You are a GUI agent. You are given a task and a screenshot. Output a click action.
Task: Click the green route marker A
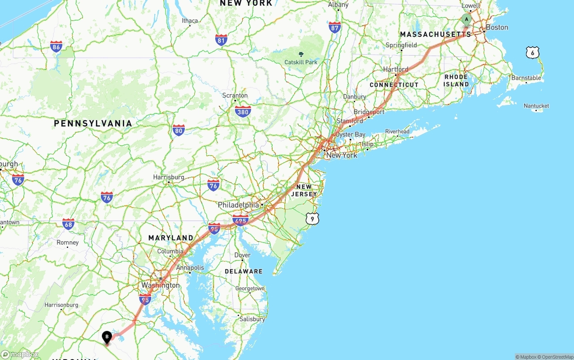point(466,19)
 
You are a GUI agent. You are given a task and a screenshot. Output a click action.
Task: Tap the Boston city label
point(496,27)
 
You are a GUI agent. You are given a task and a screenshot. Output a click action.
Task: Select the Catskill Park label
point(301,62)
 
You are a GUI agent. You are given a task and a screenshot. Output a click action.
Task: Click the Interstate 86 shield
point(56,46)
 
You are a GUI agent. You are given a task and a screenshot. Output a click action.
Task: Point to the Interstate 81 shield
point(221,40)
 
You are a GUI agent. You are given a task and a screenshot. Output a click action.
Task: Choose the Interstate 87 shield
point(335,27)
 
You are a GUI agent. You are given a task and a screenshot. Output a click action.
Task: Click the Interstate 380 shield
point(243,112)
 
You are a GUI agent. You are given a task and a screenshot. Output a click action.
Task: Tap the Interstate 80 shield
point(178,130)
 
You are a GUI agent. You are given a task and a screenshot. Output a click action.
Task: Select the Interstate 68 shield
point(68,224)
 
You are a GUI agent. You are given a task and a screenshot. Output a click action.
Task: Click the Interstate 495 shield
point(240,220)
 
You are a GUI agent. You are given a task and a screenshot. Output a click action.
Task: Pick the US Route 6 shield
point(532,53)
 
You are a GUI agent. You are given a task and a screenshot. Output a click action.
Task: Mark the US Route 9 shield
point(313,219)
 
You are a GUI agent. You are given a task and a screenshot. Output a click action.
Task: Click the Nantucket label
point(536,106)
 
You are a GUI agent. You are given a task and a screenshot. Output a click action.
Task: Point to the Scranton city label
point(235,95)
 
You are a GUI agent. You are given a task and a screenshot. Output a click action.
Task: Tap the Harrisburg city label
point(169,177)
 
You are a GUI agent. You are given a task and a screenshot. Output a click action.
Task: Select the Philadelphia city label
point(238,205)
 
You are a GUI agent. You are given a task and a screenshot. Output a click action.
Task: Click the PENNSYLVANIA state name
point(93,123)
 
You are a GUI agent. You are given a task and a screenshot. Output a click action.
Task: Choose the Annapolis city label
point(190,268)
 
